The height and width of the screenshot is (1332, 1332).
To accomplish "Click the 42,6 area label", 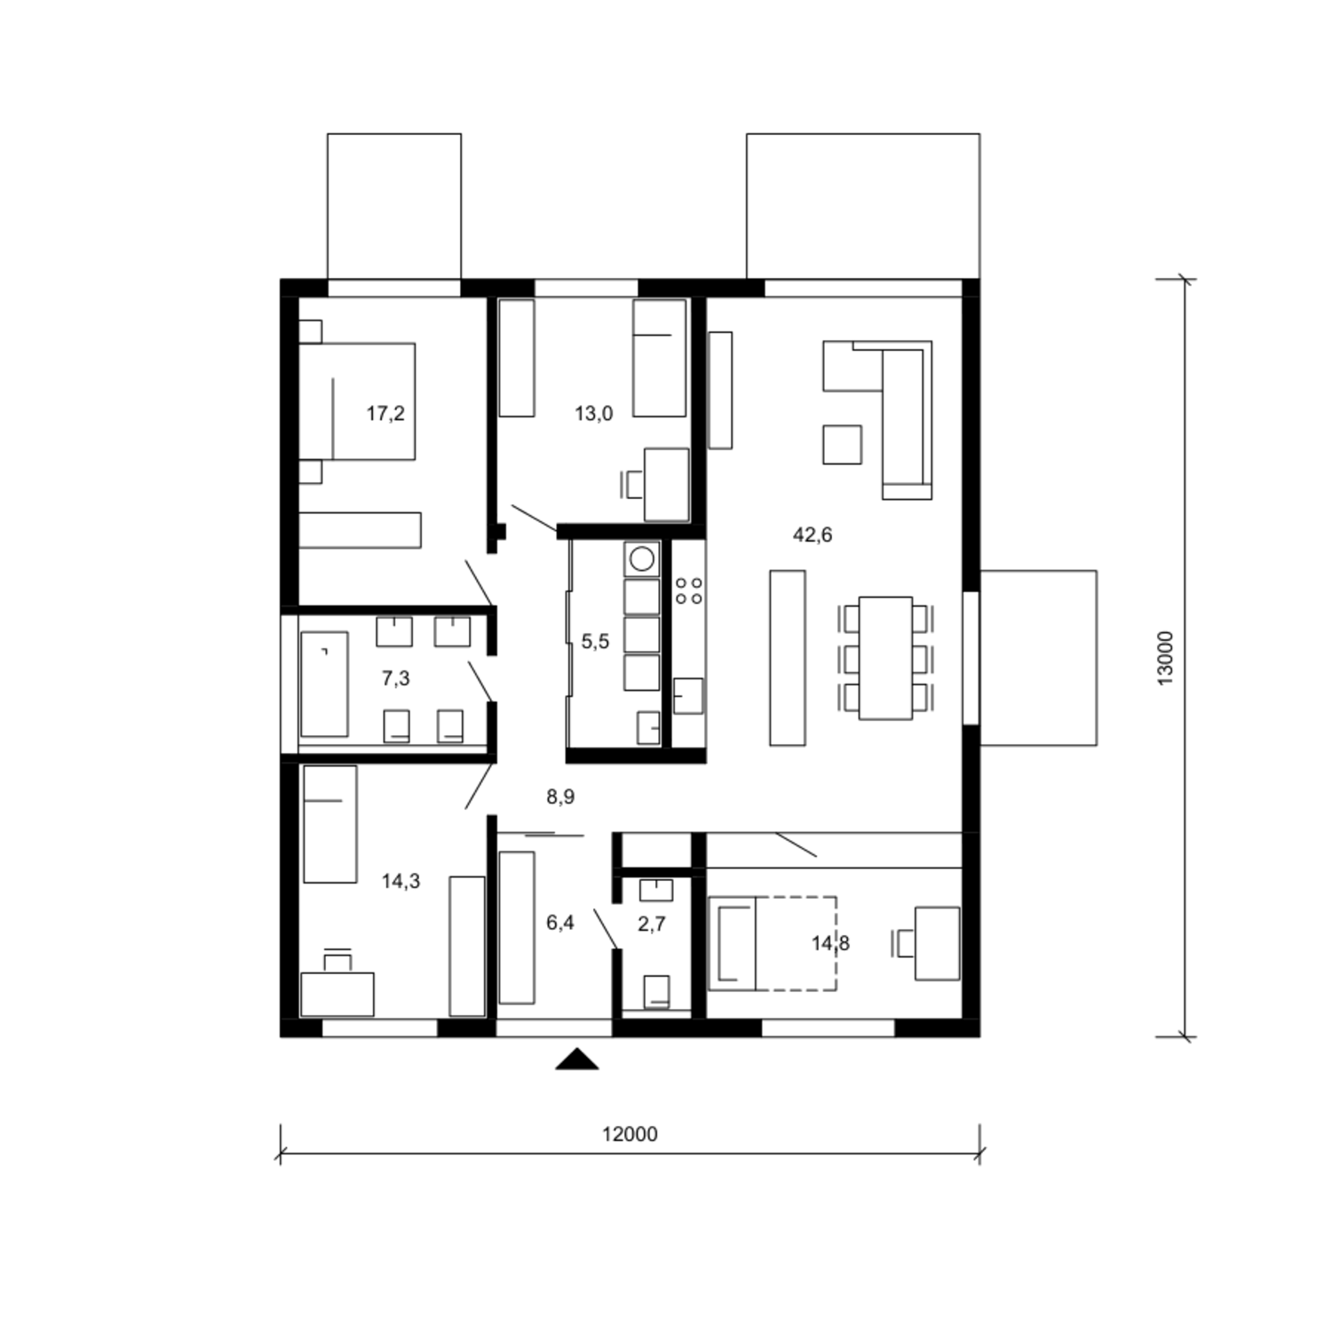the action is tap(813, 535).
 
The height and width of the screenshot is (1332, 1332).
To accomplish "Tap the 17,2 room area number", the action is tap(385, 413).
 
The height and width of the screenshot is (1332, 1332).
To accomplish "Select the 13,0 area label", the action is tap(593, 413).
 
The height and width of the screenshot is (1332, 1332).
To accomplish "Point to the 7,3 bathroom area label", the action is tap(395, 678).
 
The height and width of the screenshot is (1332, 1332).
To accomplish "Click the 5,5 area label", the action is tap(595, 641).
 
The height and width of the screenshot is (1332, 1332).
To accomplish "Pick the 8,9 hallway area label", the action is tap(560, 797).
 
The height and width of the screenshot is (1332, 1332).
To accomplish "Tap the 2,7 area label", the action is tap(652, 924).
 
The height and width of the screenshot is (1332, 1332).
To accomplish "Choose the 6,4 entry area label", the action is tap(560, 923).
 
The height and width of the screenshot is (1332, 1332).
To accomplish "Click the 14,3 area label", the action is tap(400, 881).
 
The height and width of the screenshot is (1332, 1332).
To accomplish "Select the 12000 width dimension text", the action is tap(630, 1134).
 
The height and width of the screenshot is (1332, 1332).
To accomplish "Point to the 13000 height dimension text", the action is tap(1165, 657).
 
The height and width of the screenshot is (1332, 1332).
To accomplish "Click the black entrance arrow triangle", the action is tap(576, 1058).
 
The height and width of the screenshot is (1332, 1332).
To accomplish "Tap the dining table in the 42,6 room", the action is tap(885, 658).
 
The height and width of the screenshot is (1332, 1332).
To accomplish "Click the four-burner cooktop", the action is tap(689, 591).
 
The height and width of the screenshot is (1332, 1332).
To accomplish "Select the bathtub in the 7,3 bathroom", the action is tap(324, 684).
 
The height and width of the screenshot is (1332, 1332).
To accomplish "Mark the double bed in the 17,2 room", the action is tap(357, 401).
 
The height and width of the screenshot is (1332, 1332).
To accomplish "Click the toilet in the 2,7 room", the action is tap(656, 991).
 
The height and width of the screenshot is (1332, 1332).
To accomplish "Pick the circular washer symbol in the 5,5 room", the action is tap(642, 559).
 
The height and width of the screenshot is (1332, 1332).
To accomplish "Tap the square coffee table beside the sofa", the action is tap(842, 444).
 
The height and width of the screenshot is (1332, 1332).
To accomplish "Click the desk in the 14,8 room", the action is tap(937, 943).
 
